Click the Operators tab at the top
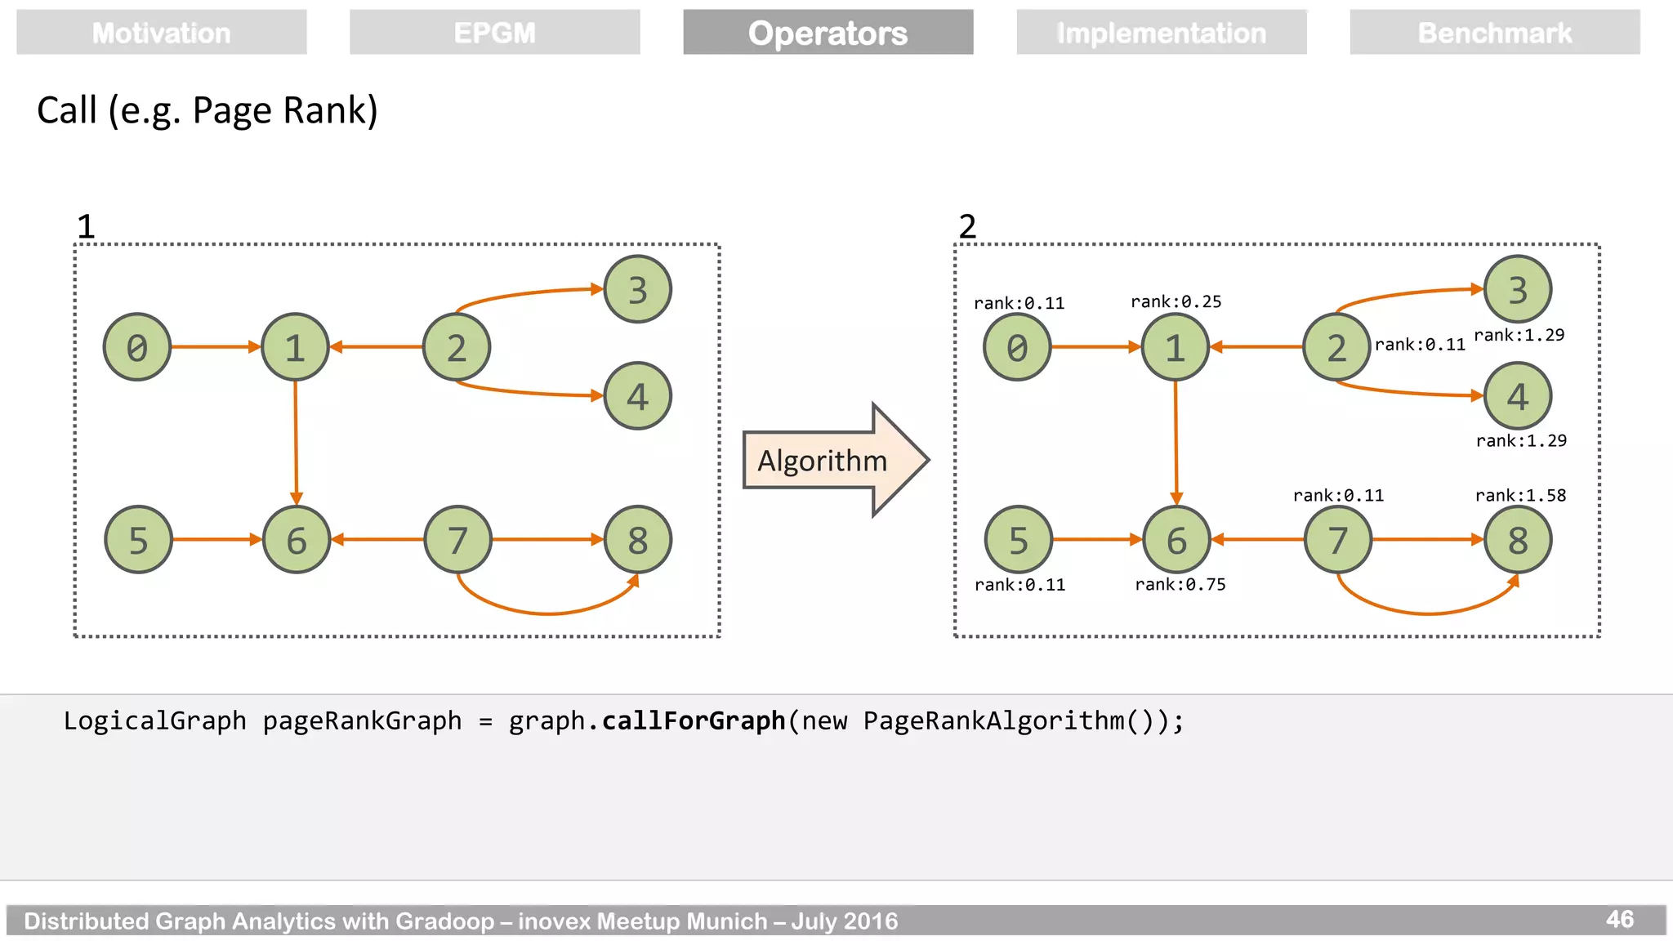click(828, 33)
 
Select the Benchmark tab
click(1494, 33)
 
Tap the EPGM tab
click(494, 33)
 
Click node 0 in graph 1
click(137, 347)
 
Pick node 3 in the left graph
click(637, 289)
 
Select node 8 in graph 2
click(1517, 540)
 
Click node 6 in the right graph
click(1176, 540)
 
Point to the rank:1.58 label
click(1520, 495)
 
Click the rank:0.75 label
click(1180, 584)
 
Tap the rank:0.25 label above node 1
click(1176, 301)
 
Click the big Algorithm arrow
click(833, 460)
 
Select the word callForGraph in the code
click(694, 720)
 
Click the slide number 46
click(1619, 919)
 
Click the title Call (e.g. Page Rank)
click(207, 110)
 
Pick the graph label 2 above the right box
click(967, 226)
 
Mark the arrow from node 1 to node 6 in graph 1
click(296, 441)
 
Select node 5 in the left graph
click(138, 540)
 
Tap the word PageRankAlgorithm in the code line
click(993, 720)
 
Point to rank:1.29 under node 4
click(1521, 441)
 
